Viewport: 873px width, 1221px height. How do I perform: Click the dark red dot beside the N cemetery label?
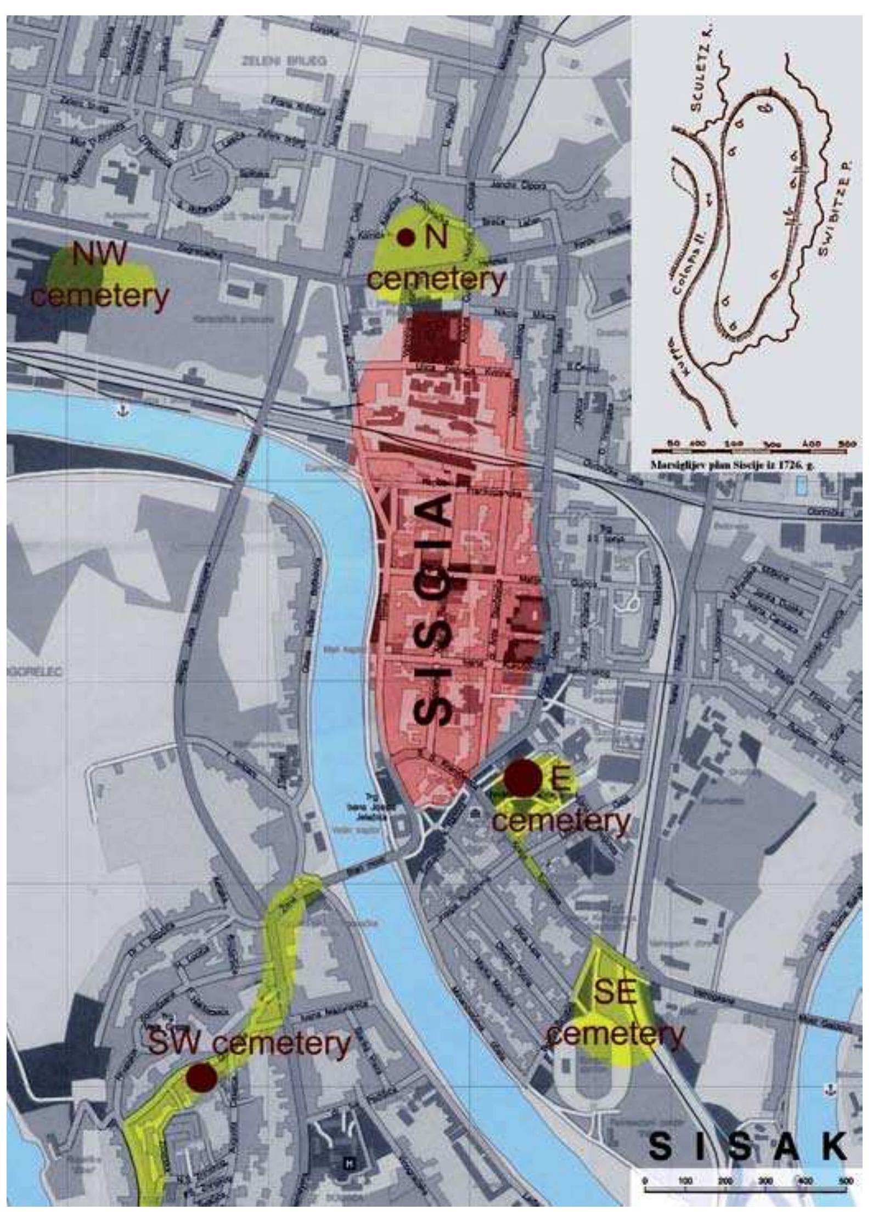click(x=406, y=237)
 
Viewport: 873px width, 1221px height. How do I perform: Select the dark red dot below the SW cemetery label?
click(x=200, y=1077)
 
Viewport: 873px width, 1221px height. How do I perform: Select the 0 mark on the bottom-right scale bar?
click(x=646, y=1177)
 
